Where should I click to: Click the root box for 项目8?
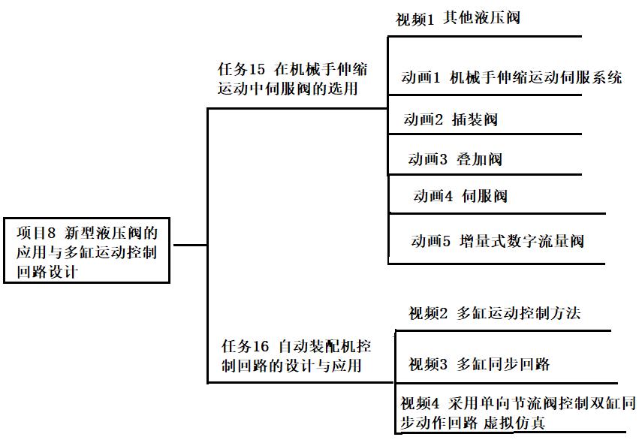(87, 249)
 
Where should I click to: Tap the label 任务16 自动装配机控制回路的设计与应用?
(296, 356)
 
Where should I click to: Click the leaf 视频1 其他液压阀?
(457, 19)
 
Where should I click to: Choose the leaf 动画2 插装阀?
(450, 119)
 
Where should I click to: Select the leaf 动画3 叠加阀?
(455, 159)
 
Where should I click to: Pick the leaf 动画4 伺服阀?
(460, 197)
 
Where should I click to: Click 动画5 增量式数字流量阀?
(497, 241)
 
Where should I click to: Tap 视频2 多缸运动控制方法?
(494, 314)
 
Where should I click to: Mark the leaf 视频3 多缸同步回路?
(479, 364)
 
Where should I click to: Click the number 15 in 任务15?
(257, 70)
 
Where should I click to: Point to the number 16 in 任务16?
(260, 347)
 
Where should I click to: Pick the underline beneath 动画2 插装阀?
(484, 134)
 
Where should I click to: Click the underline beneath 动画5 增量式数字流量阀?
(496, 263)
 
